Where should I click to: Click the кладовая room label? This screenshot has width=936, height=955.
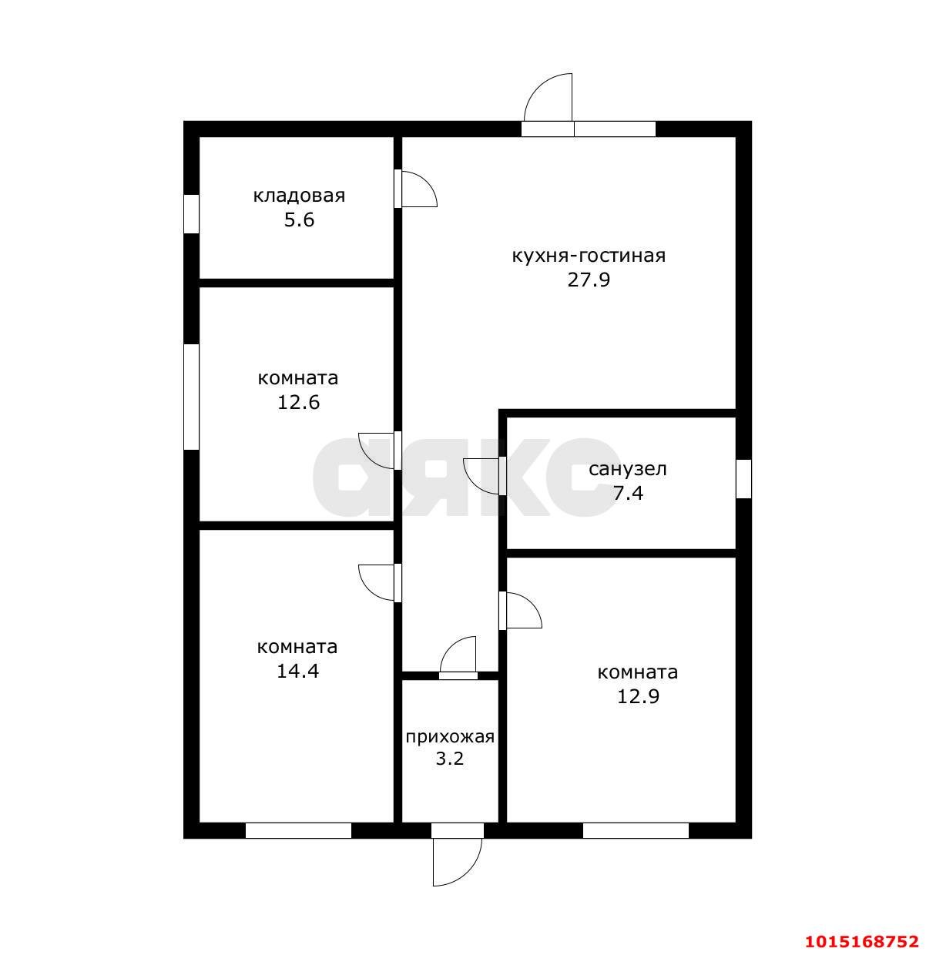pos(299,196)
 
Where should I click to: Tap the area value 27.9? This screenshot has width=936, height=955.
pos(589,280)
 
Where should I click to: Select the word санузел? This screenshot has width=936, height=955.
pos(628,469)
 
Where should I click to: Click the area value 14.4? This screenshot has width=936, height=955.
pos(297,671)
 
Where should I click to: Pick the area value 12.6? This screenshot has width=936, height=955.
pos(298,402)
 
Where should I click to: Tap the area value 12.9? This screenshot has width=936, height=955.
pos(638,696)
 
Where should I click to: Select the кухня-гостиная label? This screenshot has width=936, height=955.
pos(589,256)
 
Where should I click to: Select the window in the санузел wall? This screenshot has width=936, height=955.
pos(743,478)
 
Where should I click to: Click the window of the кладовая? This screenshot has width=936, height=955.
pos(191,213)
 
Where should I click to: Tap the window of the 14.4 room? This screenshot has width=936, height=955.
pos(298,830)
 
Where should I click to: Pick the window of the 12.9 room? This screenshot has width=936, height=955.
pos(636,830)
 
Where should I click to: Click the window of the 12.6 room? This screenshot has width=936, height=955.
pos(191,397)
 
